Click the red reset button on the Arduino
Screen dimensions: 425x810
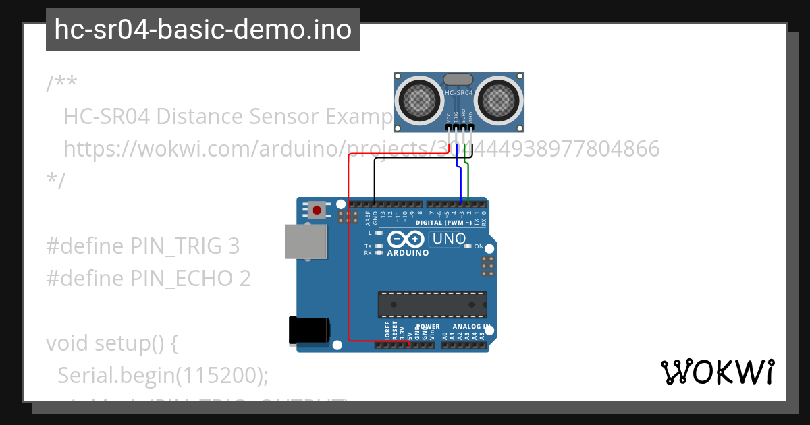click(317, 210)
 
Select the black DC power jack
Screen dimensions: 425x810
click(308, 331)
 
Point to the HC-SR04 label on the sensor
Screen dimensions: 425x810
click(459, 92)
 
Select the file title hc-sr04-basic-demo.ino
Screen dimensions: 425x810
click(203, 30)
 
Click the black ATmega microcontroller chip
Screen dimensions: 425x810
click(432, 305)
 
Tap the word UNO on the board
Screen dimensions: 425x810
click(449, 239)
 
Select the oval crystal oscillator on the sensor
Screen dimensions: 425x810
click(459, 79)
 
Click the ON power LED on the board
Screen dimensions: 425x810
click(468, 246)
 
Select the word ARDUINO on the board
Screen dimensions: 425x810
click(408, 253)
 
